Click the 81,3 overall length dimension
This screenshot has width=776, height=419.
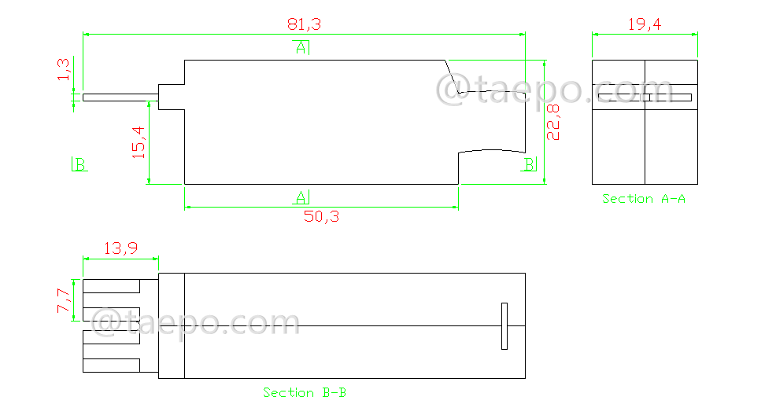[304, 24]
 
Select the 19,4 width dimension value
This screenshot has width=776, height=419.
[644, 24]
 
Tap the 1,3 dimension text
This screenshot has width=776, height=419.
[65, 70]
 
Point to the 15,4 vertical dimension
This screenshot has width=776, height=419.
[139, 143]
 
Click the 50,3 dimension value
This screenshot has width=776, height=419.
[321, 217]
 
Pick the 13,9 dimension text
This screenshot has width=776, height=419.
[120, 248]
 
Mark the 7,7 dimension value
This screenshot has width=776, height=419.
[64, 300]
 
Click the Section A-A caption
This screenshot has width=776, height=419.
[643, 199]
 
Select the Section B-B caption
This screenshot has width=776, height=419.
[305, 392]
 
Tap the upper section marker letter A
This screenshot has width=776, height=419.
[301, 48]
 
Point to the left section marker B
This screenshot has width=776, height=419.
[79, 164]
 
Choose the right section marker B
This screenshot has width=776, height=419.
[530, 164]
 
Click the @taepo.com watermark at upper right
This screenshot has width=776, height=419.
[554, 90]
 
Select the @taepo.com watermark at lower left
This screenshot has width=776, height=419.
[196, 323]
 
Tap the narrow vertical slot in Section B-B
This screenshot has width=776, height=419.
[504, 325]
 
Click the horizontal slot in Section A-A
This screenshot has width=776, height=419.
[644, 97]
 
